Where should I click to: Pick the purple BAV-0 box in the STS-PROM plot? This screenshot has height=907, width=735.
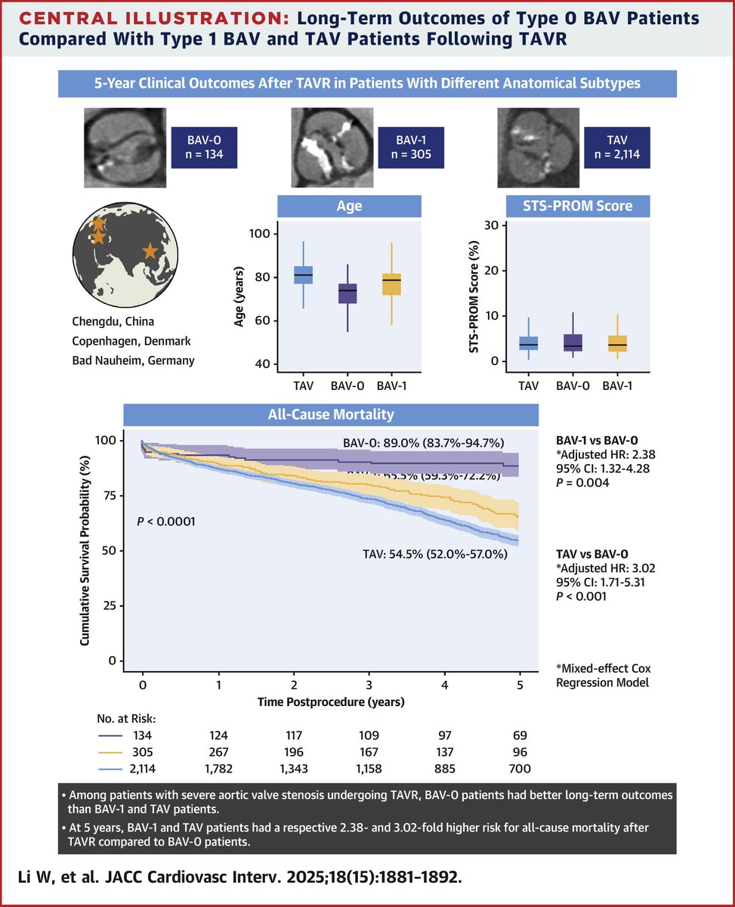573,342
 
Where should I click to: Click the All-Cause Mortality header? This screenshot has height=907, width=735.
332,415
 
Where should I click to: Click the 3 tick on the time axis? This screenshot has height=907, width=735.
369,684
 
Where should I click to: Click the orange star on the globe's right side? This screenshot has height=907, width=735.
150,250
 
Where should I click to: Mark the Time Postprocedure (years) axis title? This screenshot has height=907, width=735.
331,701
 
